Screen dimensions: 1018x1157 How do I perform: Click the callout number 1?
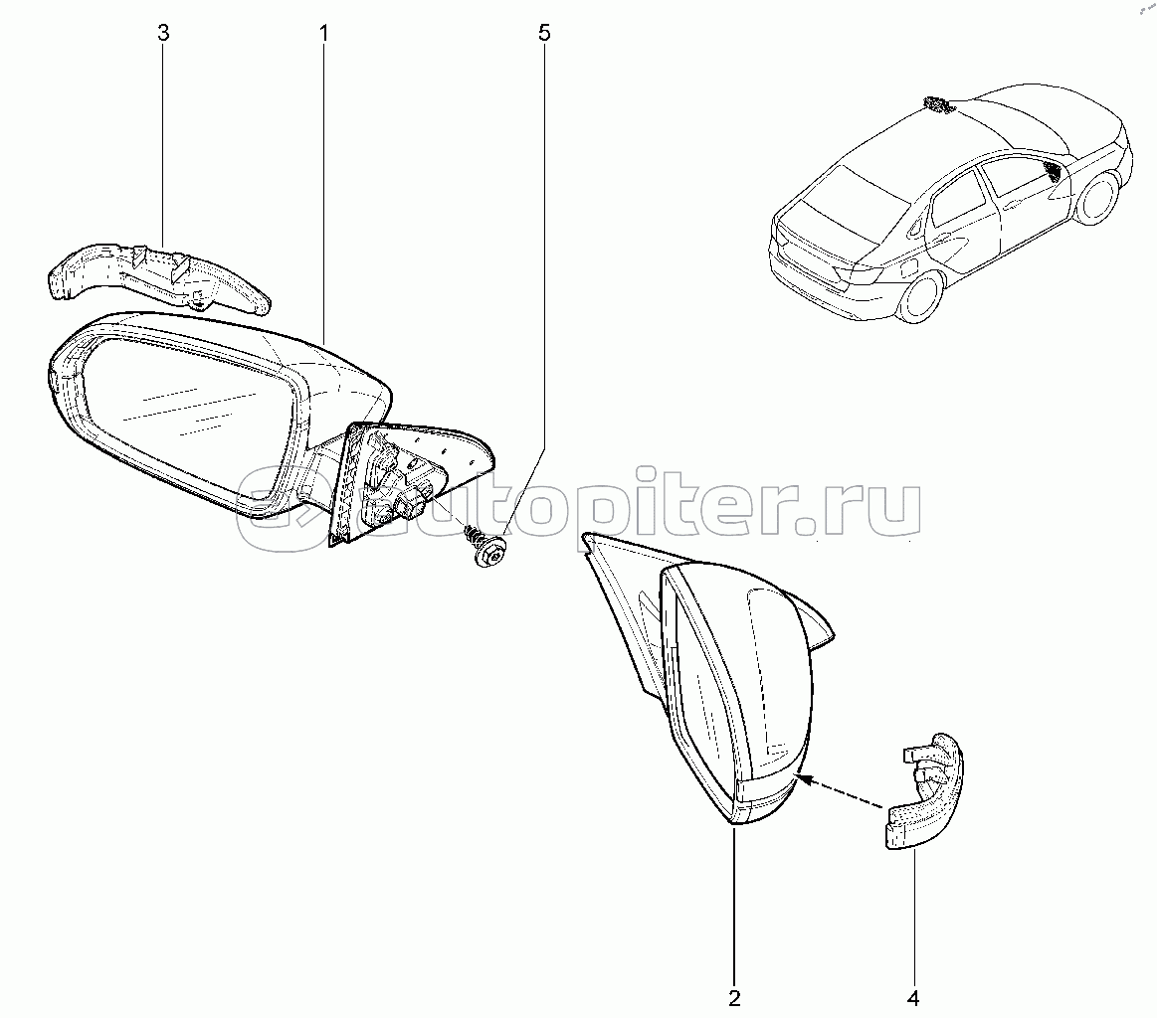[324, 33]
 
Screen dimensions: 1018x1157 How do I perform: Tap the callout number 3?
[164, 33]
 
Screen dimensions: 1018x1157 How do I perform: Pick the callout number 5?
[543, 33]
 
